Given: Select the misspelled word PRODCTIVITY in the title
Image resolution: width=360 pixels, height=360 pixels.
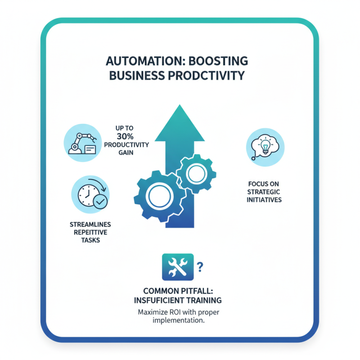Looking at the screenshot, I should click(x=208, y=75).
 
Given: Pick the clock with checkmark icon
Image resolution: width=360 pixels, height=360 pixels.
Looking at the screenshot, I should click(x=90, y=195).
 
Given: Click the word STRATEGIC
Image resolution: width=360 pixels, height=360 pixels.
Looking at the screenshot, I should click(x=265, y=192).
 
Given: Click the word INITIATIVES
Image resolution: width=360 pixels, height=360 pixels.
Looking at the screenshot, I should click(x=265, y=199).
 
